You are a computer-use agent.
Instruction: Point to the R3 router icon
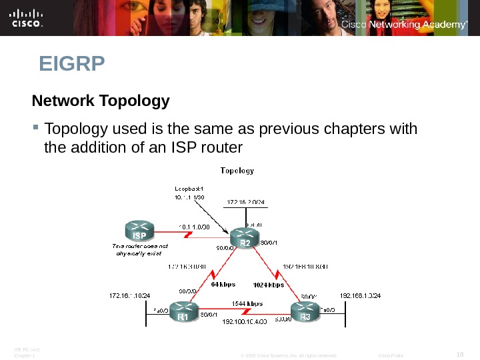click(305, 311)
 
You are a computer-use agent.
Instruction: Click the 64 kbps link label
click(223, 284)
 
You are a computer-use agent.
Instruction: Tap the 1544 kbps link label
click(247, 303)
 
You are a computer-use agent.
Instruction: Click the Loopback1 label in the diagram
click(189, 188)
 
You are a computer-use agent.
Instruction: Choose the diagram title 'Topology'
click(237, 171)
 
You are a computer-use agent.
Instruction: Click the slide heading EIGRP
click(72, 65)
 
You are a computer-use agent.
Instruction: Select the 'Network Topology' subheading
click(101, 101)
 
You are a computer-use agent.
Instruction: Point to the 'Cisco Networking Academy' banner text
click(404, 25)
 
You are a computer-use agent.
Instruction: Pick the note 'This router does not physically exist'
click(139, 250)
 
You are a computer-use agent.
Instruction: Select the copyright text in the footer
click(288, 355)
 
